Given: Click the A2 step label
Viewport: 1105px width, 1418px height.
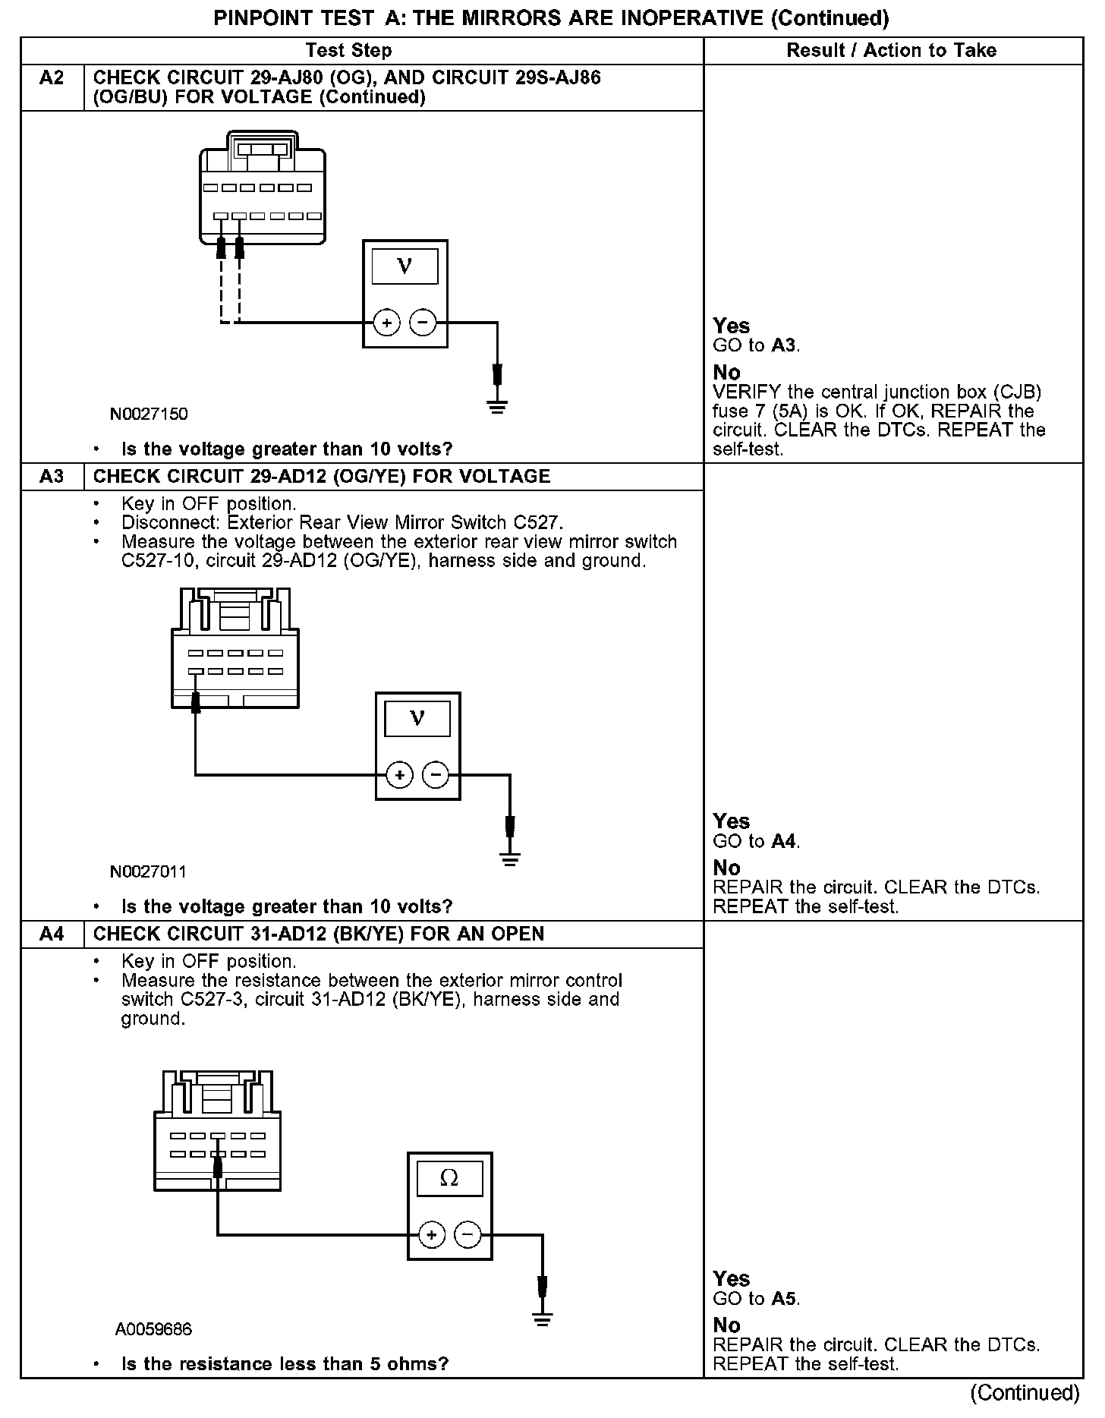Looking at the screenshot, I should pos(52,78).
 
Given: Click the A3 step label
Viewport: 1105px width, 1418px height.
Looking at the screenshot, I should pos(52,477).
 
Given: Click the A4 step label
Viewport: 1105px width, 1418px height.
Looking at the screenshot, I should pos(52,934).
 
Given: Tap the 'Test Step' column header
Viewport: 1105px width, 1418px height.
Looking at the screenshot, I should pos(348,51).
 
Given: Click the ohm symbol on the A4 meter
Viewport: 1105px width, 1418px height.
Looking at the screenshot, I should pos(449,1178).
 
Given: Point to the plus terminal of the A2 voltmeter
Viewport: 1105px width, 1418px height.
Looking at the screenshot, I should pos(387,323).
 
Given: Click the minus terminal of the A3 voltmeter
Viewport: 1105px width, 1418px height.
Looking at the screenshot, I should pos(436,775).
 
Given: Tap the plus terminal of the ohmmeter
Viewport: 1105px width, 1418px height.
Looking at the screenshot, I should pos(432,1235).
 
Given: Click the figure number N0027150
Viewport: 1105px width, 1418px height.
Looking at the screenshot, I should pos(149,414).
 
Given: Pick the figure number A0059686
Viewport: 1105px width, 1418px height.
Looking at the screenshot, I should pos(154,1329).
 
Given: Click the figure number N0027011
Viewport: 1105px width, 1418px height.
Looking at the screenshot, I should pos(148,871).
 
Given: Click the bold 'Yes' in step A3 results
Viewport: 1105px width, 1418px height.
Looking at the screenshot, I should pos(732,821).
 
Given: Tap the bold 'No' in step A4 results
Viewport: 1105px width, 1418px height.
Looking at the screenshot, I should pos(726,1325).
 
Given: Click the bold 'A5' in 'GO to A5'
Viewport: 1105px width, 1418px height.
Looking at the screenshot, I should pos(784,1299).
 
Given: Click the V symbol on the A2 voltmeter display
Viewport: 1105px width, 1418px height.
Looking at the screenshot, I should pos(405,266).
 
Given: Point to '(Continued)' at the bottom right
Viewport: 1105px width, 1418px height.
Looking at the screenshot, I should pos(1025,1393).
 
